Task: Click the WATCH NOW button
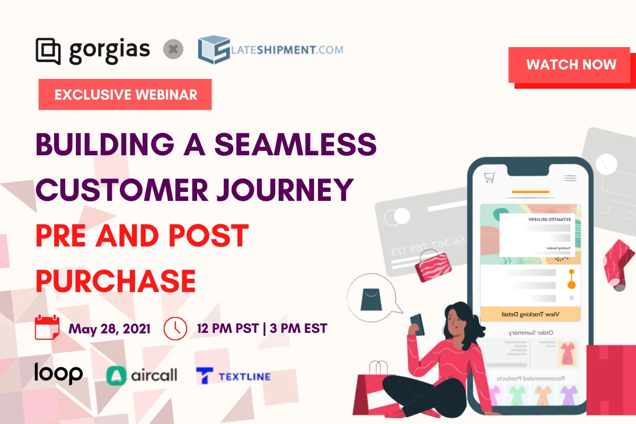click(571, 65)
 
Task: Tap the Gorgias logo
click(93, 50)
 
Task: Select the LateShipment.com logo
click(270, 50)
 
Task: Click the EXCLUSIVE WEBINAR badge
click(125, 94)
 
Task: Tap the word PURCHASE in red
click(116, 280)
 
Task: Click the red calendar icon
click(47, 328)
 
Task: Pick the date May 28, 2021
click(109, 329)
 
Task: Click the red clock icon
click(175, 328)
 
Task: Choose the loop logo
click(58, 373)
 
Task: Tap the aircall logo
click(142, 376)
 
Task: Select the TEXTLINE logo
click(233, 376)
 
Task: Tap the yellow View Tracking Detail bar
click(530, 314)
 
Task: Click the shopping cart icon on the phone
click(489, 177)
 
